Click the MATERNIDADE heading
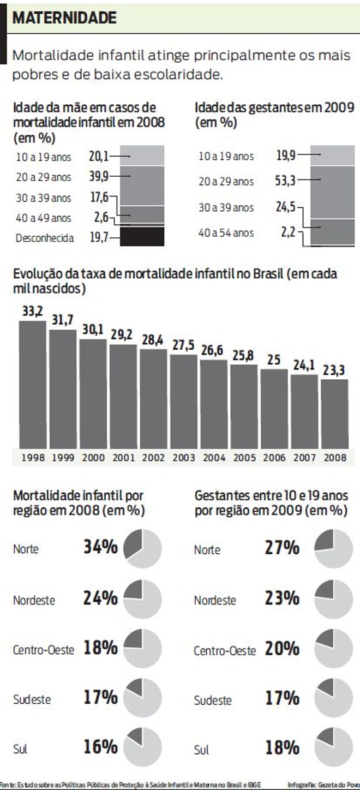coord(65,18)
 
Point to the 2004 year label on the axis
coord(214,458)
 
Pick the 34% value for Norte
coord(100,547)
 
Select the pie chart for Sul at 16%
coord(143,747)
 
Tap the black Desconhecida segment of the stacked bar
coord(142,237)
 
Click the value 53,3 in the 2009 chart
coord(285,181)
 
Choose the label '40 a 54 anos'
coord(226,233)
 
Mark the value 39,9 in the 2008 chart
coord(99,176)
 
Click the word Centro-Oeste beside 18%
coord(43,650)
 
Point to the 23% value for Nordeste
coord(282,599)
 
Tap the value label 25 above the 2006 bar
coord(274,360)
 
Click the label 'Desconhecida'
coord(45,238)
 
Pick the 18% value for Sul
coord(282,747)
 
